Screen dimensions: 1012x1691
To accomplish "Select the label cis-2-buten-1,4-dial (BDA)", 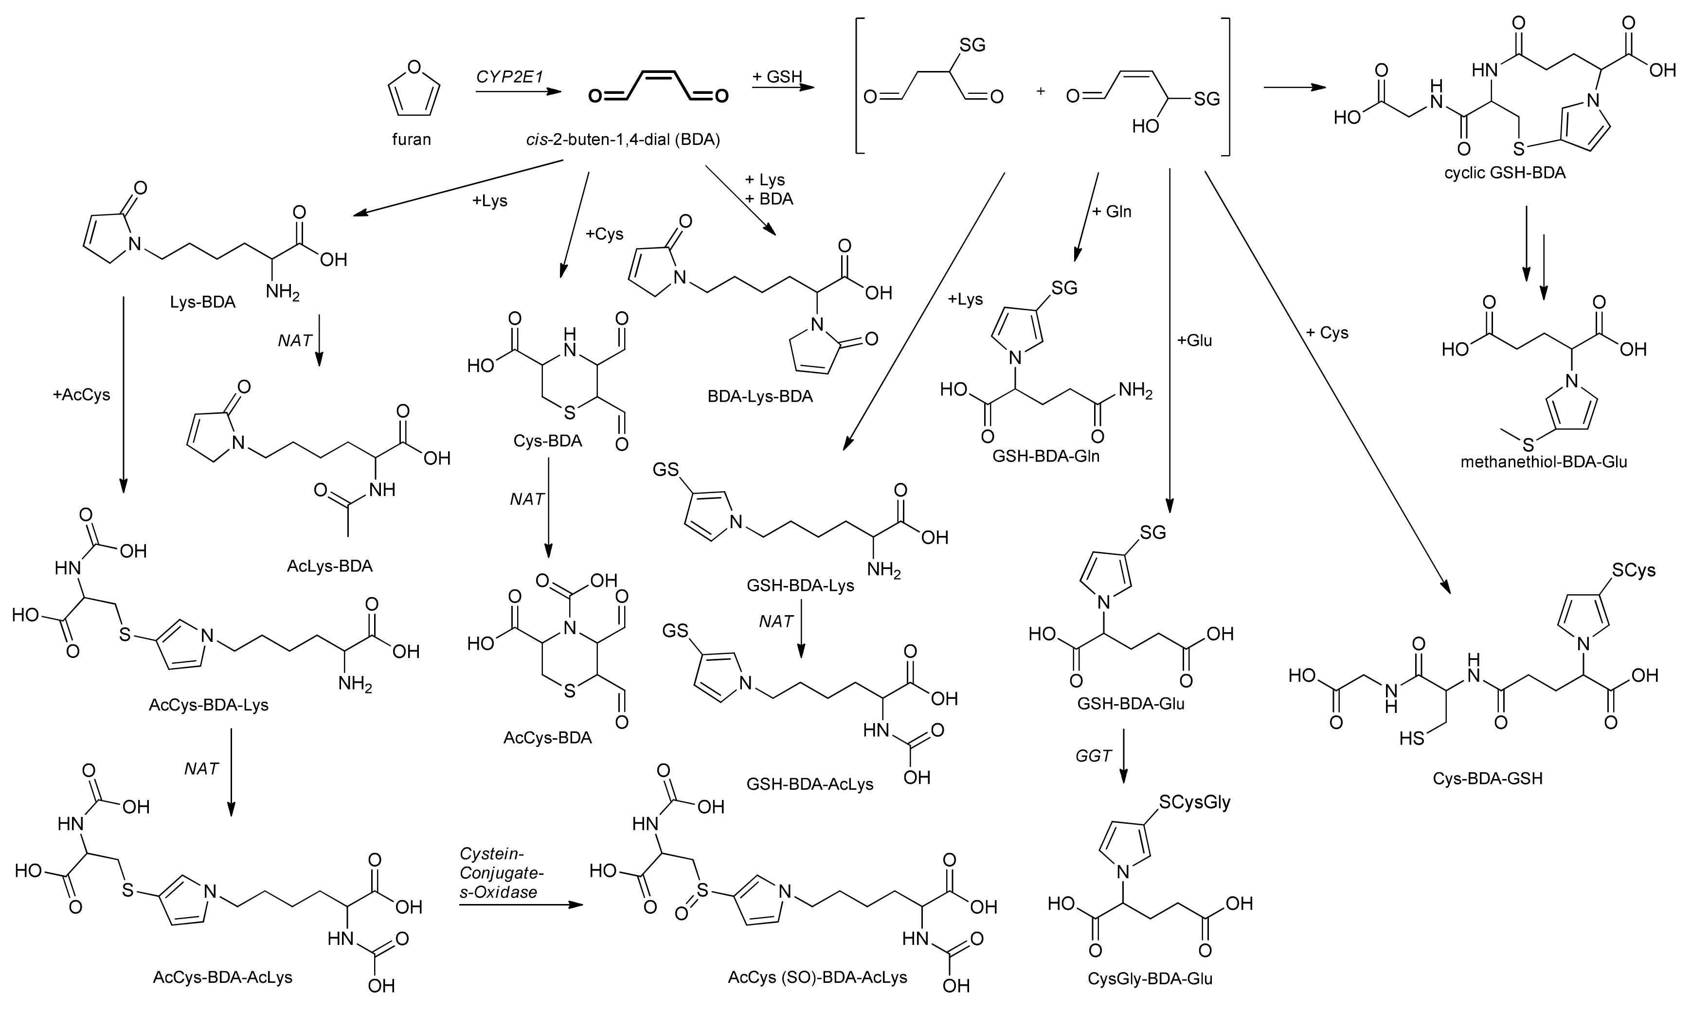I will (623, 140).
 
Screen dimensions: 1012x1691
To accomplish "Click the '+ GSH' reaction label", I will (777, 77).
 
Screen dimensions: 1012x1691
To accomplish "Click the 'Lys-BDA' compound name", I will (202, 302).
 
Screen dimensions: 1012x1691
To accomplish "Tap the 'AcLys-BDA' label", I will (329, 566).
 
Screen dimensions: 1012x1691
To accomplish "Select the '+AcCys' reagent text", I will (81, 395).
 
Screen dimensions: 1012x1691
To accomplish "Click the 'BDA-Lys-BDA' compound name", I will (760, 397).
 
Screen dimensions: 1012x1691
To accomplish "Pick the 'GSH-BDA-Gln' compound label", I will (1046, 456).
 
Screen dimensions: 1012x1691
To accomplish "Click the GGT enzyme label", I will (1094, 756).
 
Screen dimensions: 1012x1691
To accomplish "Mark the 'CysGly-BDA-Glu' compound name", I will (1150, 979).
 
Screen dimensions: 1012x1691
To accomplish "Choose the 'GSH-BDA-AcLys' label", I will (810, 784).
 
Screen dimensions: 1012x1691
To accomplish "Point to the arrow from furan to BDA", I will (519, 91).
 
